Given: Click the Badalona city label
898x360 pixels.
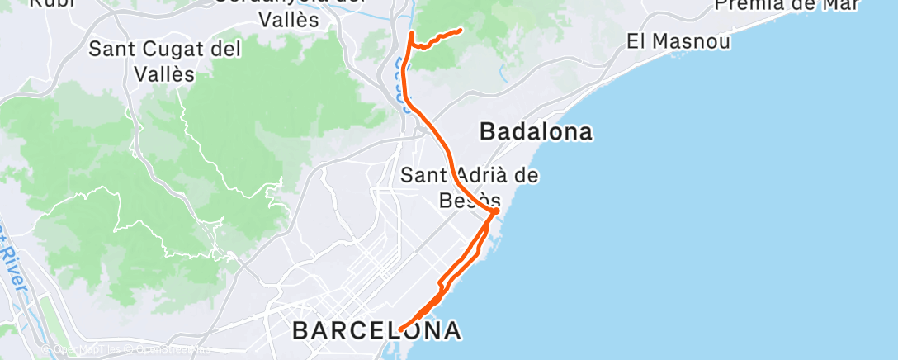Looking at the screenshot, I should coord(536,132).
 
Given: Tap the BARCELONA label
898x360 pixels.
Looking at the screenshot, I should coord(376,331).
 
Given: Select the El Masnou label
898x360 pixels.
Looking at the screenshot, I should coord(678,40).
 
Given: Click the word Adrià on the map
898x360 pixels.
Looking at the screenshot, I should coord(489,175).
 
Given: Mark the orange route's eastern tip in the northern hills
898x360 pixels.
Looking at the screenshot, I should coord(460,31).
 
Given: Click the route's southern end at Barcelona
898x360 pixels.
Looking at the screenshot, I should coord(400,329).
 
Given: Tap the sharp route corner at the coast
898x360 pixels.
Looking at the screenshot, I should coord(496,212).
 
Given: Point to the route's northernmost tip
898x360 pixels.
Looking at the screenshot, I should coord(410,33).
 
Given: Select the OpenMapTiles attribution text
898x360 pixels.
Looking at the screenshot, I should coord(83,350).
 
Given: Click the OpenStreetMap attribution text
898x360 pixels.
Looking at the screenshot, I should coord(169,350).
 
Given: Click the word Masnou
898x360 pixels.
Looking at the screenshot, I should coord(698,40).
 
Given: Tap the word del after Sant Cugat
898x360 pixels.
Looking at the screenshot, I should coord(225,50).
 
